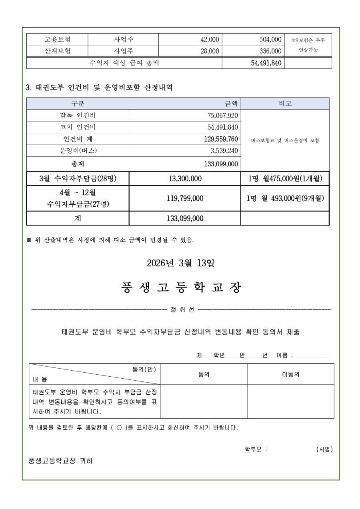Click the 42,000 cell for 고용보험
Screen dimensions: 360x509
210,39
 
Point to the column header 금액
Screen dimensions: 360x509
231,104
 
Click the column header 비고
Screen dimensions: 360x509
285,104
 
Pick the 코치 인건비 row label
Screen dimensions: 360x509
78,128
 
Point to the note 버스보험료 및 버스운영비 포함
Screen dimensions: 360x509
285,141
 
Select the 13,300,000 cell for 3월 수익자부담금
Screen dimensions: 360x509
184,178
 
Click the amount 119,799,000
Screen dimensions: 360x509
184,198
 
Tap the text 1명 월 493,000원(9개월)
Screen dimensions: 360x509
285,198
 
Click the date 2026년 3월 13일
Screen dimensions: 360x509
180,263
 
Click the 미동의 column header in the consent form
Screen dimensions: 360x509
291,375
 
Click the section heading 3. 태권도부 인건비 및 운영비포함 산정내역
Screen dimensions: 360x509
99,87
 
